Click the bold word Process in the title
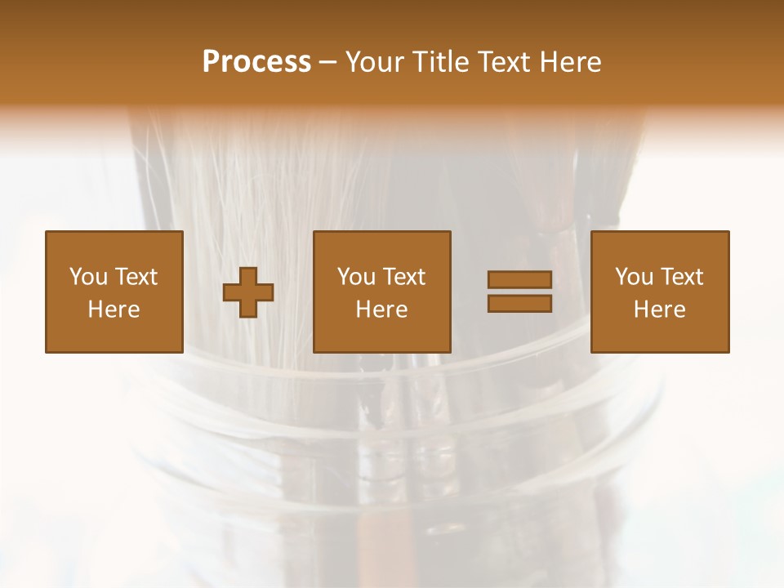pos(256,62)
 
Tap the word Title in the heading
pos(439,62)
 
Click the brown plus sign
pos(248,292)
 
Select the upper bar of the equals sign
pos(519,279)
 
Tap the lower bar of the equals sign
pos(519,304)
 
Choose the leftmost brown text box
pos(114,292)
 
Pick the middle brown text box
pos(382,292)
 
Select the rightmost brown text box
pos(660,292)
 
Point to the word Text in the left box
pos(135,277)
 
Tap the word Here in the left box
pos(114,310)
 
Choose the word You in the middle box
pos(356,277)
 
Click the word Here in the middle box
pos(382,310)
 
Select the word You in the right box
pos(634,277)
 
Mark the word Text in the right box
pos(681,277)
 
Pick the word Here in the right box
pos(660,310)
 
